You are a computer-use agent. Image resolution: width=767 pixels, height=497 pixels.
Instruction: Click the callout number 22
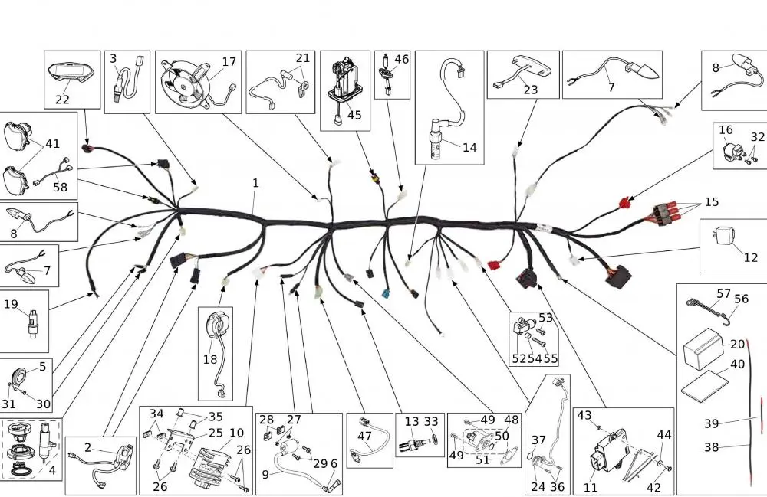coord(62,99)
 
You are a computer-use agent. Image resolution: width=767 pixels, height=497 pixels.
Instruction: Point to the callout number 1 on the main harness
coord(255,183)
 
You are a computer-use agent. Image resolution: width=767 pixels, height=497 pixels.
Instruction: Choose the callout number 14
coord(469,147)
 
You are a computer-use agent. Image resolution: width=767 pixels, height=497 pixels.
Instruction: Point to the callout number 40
coord(737,365)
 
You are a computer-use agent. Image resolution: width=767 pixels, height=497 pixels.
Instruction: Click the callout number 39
coord(711,423)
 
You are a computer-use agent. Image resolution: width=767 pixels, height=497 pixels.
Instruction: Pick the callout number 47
coord(364,436)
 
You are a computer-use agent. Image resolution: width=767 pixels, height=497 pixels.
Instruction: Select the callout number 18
coord(210,359)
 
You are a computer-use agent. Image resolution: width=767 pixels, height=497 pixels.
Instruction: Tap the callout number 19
coord(11,304)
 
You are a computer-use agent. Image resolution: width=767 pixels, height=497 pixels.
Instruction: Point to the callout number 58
coord(60,187)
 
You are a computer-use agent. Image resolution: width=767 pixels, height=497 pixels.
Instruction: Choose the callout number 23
coord(530,90)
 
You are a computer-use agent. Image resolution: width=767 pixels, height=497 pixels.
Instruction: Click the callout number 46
coord(401,59)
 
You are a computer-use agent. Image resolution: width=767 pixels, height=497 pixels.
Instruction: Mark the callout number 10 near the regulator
coord(236,433)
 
